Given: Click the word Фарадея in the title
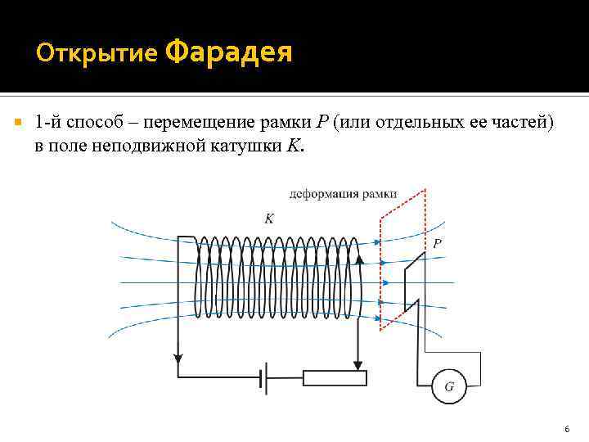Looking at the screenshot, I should coord(229,53).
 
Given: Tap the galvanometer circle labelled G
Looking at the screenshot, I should coord(448,386).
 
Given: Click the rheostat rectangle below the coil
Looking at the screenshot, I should coord(335,377).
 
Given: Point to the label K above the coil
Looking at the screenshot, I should coord(269,218).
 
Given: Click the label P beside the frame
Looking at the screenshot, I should coord(437,243).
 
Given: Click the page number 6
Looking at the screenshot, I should coord(566,430).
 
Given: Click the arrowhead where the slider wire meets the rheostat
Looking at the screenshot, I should coord(357,365).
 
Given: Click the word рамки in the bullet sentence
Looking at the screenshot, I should coord(286,123).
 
